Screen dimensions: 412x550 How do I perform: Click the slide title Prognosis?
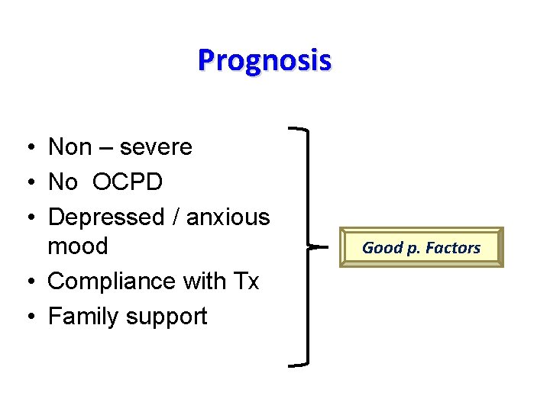pyautogui.click(x=264, y=60)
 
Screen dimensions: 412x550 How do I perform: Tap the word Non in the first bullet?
pyautogui.click(x=70, y=146)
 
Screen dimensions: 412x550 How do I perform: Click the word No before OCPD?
pyautogui.click(x=63, y=182)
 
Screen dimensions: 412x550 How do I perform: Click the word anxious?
pyautogui.click(x=228, y=217)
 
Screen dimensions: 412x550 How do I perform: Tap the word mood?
pyautogui.click(x=77, y=246)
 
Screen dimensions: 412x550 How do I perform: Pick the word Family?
pyautogui.click(x=82, y=317)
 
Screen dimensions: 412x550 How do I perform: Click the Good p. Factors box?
pyautogui.click(x=422, y=247)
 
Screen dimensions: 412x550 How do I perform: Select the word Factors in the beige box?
pyautogui.click(x=454, y=247)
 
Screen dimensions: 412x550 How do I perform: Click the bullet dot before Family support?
pyautogui.click(x=27, y=317)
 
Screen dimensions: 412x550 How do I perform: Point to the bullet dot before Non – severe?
pyautogui.click(x=27, y=147)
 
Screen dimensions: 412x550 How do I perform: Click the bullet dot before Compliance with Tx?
pyautogui.click(x=27, y=282)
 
